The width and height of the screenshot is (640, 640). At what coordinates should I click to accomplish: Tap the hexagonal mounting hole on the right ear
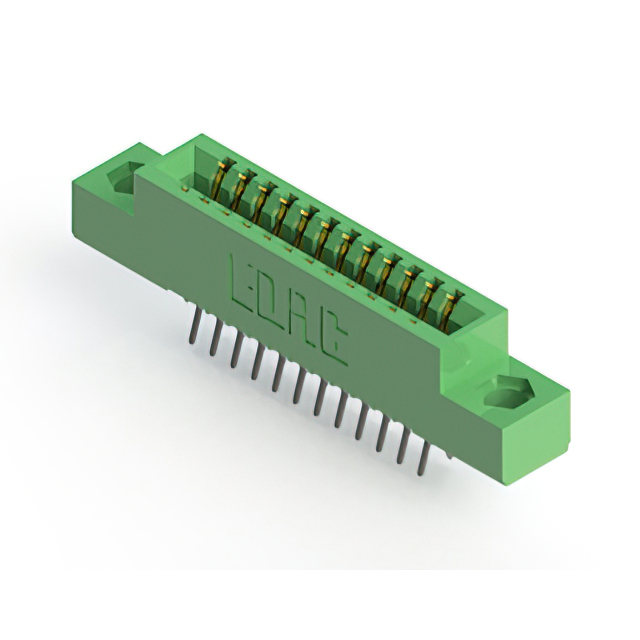[509, 393]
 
